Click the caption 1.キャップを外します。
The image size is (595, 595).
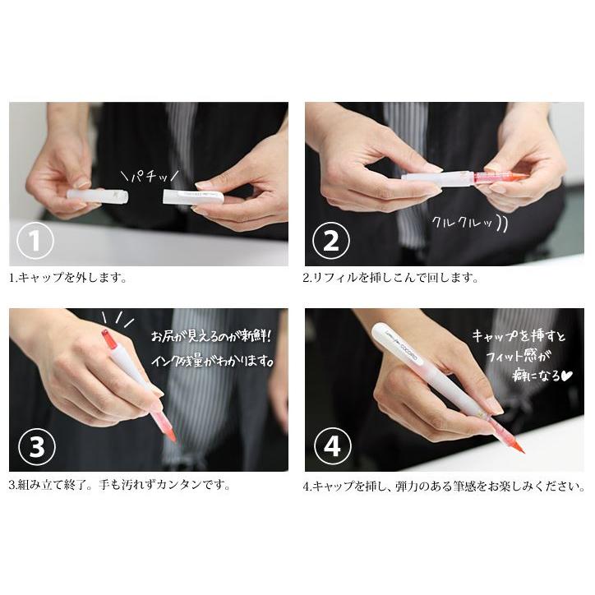(x=68, y=278)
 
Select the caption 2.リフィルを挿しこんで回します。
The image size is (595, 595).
(x=390, y=278)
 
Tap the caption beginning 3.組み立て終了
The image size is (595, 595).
(x=120, y=484)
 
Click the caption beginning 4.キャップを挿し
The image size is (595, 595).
(x=444, y=486)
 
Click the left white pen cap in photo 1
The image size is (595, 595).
(x=97, y=196)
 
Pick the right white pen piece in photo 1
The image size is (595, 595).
(x=193, y=197)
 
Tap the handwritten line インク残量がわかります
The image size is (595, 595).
(x=215, y=362)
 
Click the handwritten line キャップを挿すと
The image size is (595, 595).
(x=517, y=336)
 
